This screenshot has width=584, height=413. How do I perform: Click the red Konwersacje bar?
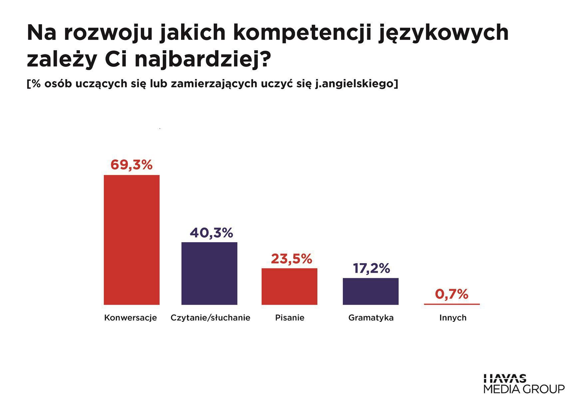132,240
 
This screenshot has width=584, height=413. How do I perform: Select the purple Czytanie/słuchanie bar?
209,273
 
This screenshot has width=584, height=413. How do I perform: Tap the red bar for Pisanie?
289,286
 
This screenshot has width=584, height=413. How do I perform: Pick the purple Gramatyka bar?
371,291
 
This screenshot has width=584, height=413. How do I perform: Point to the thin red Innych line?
452,304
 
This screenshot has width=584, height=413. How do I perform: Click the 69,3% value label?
132,165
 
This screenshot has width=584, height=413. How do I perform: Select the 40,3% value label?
211,233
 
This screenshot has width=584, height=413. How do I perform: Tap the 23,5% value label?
291,259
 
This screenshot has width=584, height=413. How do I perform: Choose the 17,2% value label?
371,268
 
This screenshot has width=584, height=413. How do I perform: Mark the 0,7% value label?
452,294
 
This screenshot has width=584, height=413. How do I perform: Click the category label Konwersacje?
131,318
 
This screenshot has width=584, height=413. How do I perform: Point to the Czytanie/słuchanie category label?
210,318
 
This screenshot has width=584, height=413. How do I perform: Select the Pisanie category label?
290,318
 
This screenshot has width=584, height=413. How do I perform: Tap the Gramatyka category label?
371,318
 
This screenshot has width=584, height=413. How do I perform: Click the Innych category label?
453,318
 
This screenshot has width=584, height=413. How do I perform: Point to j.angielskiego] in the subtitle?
356,84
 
